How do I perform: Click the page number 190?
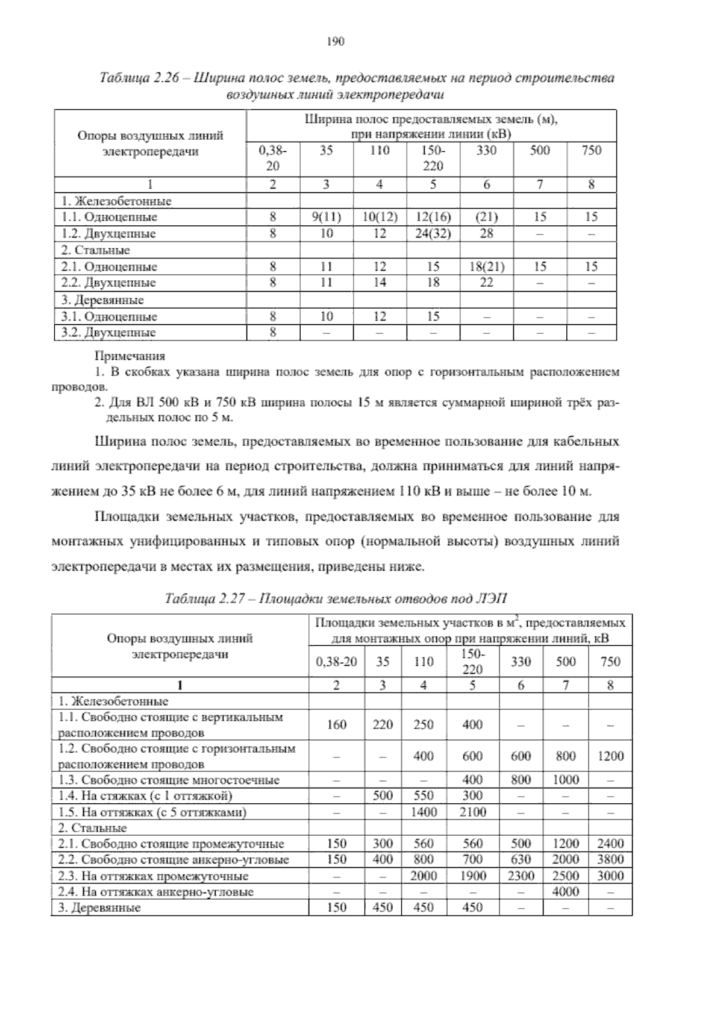coord(335,42)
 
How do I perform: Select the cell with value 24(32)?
coord(433,233)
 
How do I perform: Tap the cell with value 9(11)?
coord(326,217)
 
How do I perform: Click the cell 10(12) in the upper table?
coord(380,217)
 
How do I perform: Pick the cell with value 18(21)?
coord(486,266)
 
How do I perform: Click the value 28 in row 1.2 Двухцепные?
coord(486,233)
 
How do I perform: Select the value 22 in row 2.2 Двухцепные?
coord(486,282)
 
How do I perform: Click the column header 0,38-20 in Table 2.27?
coord(336,662)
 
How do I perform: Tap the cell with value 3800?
coord(610,859)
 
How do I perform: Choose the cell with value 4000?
coord(565,891)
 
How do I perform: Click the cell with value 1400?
coord(424,812)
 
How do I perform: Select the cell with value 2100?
coord(472,812)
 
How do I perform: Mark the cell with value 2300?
coord(521,876)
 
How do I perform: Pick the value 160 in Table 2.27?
coord(336,725)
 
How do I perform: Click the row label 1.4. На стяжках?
coord(145,796)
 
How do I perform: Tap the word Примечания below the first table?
coord(130,357)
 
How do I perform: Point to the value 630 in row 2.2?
coord(521,859)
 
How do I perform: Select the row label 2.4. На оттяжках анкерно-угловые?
coord(155,891)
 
